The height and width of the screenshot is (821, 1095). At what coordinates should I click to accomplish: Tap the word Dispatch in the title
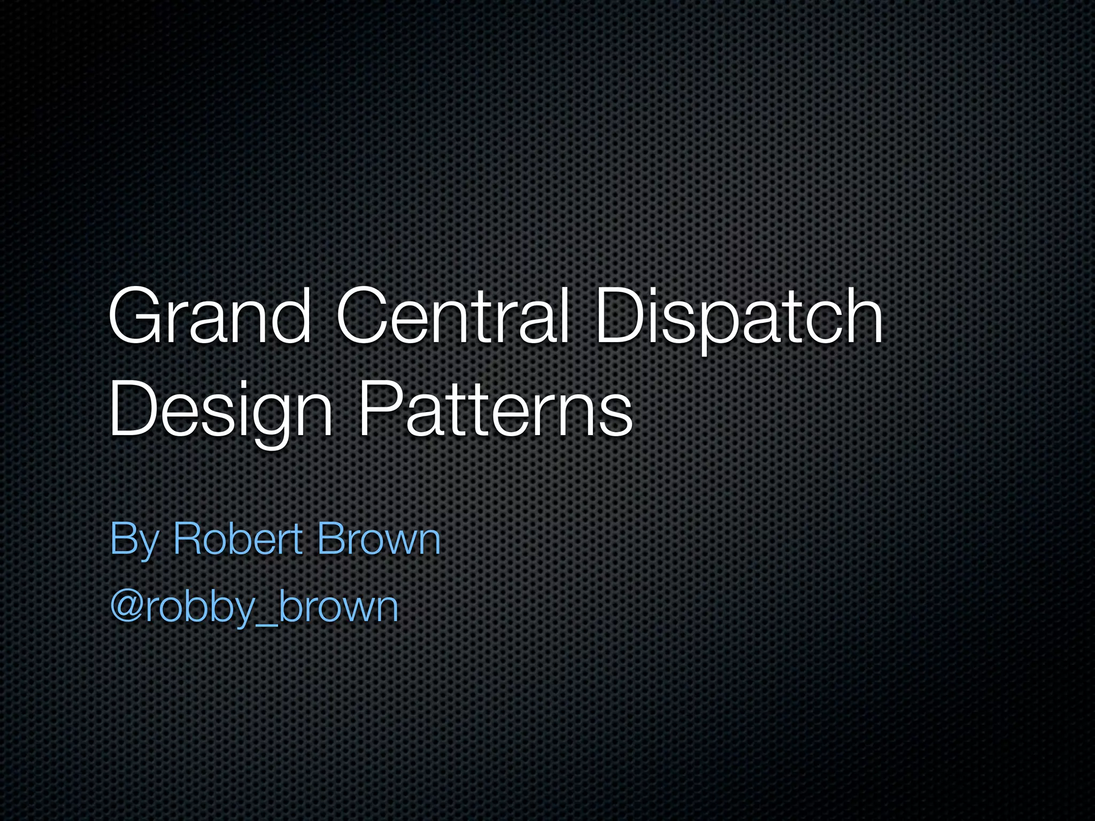738,316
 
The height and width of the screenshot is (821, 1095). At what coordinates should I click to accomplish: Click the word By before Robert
134,540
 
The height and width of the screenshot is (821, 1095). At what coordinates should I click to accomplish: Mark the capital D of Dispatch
621,316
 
